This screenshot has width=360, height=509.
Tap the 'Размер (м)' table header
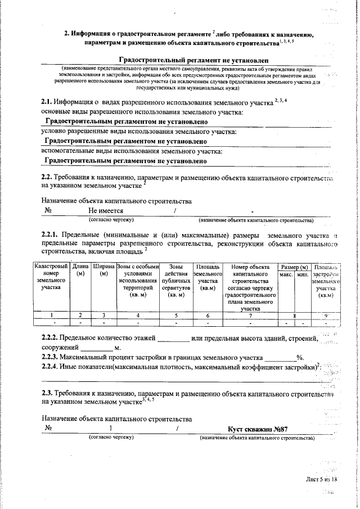pyautogui.click(x=295, y=266)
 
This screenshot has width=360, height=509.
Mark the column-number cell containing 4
pyautogui.click(x=138, y=316)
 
